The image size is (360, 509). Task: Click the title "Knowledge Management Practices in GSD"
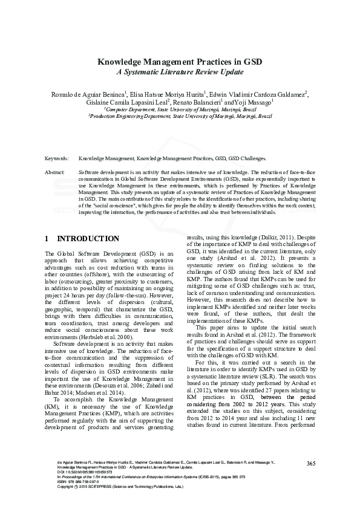click(179, 62)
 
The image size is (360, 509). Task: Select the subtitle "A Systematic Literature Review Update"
click(179, 72)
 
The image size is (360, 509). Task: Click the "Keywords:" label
click(57, 158)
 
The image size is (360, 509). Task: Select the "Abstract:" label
click(56, 172)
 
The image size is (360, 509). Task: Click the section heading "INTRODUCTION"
click(91, 239)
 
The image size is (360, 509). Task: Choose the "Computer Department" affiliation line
click(179, 110)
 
